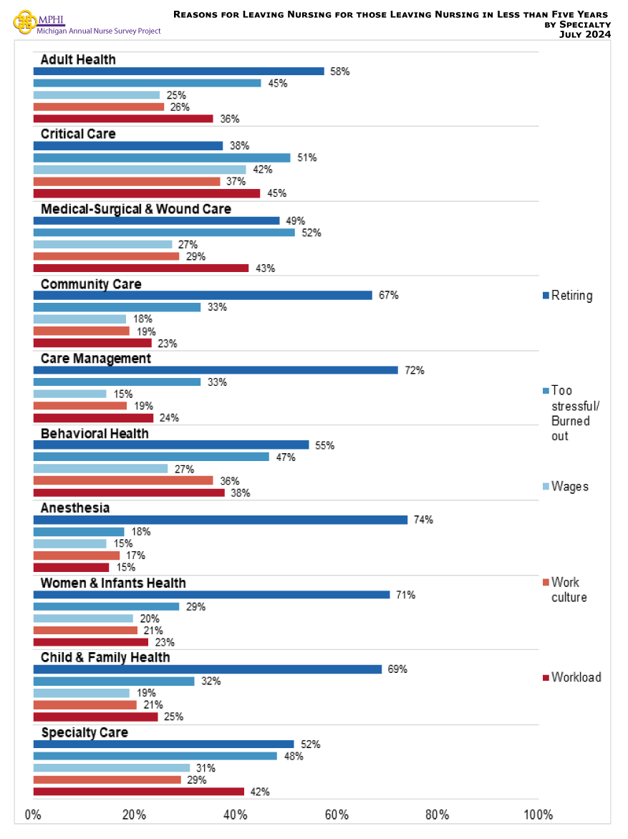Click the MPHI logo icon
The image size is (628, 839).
(24, 21)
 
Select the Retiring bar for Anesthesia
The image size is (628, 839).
(221, 520)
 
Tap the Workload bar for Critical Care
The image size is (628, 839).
(147, 193)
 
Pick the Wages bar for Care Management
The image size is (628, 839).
(70, 394)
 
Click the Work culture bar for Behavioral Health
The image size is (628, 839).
(123, 480)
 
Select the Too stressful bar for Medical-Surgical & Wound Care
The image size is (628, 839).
(164, 233)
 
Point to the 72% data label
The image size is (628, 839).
(415, 370)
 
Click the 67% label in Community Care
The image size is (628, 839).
(389, 295)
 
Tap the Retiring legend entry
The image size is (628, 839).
(571, 296)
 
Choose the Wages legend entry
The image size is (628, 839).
(569, 487)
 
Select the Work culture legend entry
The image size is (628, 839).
(569, 590)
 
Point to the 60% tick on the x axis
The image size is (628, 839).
(337, 815)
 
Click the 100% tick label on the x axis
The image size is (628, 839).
(538, 815)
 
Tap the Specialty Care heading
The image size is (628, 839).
(84, 732)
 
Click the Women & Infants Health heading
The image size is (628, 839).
(113, 583)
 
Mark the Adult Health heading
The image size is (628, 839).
(78, 59)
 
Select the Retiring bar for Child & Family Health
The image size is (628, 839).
(208, 669)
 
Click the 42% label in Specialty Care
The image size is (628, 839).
(260, 792)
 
